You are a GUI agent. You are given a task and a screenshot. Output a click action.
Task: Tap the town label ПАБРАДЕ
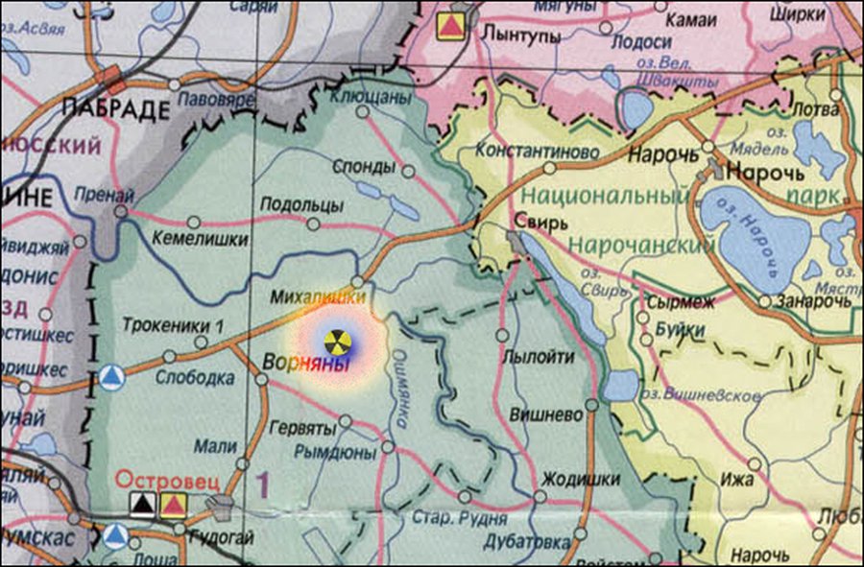coord(114,107)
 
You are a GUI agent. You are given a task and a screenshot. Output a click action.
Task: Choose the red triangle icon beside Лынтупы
coord(449,26)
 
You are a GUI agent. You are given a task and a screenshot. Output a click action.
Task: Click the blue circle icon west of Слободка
coord(113,377)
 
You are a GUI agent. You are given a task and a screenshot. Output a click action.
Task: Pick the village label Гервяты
coord(303,427)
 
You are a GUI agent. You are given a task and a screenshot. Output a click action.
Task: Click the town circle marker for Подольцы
coord(313,224)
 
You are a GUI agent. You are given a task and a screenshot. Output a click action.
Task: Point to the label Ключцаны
coord(370,97)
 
